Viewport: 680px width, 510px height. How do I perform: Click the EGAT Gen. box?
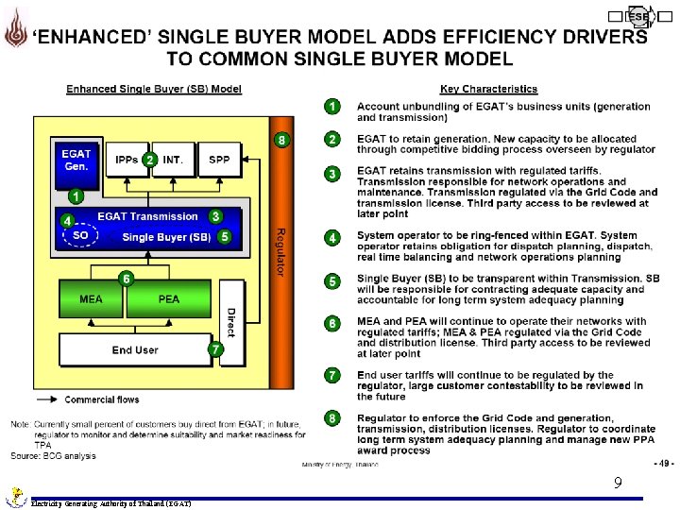[76, 161]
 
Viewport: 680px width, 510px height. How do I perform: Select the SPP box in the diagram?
[219, 161]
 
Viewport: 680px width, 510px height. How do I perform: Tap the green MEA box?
[92, 298]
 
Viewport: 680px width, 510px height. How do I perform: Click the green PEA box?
[169, 298]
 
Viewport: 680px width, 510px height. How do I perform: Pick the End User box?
[135, 350]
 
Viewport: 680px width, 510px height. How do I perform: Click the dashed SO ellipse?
[81, 236]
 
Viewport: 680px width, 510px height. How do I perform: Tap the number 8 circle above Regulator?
[280, 140]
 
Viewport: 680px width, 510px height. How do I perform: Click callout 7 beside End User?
[216, 349]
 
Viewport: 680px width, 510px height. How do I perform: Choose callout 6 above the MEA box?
[127, 278]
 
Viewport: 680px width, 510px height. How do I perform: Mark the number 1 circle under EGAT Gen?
[76, 196]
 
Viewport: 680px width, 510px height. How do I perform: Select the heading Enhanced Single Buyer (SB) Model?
[153, 90]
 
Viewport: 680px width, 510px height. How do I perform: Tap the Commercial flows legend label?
[102, 399]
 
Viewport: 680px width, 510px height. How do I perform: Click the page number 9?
[617, 483]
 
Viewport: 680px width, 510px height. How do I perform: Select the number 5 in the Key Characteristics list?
[332, 280]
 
